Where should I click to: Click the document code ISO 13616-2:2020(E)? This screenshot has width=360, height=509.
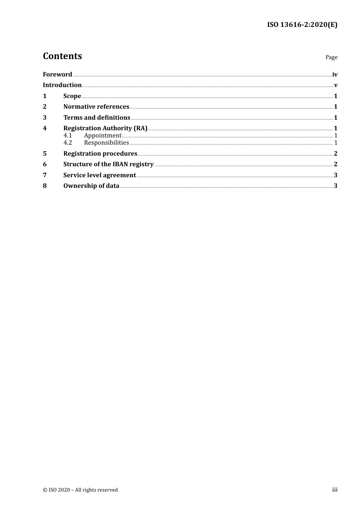point(302,25)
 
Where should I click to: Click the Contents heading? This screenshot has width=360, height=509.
point(62,56)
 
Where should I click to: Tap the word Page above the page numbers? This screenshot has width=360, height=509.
point(331,57)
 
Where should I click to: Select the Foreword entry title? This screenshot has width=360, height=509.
point(57,74)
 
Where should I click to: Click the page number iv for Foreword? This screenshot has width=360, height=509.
point(335,75)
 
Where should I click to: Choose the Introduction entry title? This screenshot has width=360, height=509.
point(62,85)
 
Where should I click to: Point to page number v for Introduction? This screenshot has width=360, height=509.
point(336,85)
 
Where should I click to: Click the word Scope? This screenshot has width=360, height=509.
point(72,96)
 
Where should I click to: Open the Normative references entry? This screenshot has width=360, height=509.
point(96,107)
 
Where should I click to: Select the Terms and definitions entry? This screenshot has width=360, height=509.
point(97,118)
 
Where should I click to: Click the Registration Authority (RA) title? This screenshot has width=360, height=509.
point(105,128)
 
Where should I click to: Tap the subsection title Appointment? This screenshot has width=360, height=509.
point(103,136)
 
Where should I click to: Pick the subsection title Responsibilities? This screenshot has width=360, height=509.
point(106,143)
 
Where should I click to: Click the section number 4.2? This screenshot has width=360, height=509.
point(67,143)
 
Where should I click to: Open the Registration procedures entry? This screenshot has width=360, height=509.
point(100,154)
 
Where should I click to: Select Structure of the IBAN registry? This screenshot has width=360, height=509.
point(108,164)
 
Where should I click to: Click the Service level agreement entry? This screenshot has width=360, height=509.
point(99,175)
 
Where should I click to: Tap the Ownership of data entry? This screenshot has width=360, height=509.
point(91,186)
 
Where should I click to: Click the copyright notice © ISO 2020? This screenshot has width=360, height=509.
point(80,490)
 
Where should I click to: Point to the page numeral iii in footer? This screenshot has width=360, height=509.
point(335,490)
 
